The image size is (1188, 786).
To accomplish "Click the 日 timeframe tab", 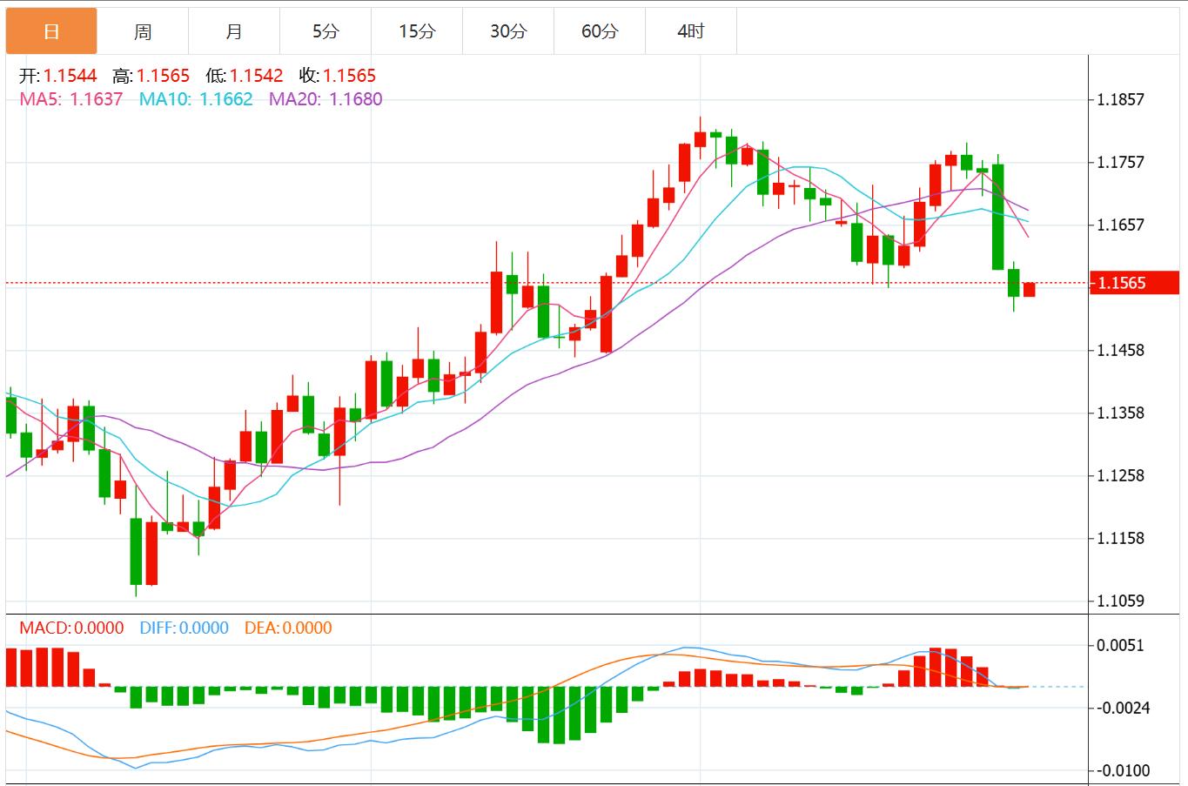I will [x=51, y=32].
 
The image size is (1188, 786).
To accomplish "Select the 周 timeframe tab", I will [x=143, y=32].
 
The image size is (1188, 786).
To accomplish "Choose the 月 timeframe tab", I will [x=234, y=32].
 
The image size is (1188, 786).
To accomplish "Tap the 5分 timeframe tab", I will [x=326, y=32].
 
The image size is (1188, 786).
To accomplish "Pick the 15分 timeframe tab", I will [x=417, y=32].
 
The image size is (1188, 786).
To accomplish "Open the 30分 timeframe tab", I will [x=508, y=32].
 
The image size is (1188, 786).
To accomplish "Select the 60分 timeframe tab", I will [x=600, y=32].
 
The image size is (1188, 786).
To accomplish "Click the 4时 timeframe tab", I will [x=691, y=32].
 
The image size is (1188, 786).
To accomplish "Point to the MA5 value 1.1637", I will [x=97, y=99].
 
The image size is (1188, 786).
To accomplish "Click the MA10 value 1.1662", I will [x=226, y=99].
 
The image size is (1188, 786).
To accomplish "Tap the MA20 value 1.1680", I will [x=356, y=99].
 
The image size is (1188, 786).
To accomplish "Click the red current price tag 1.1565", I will [x=1134, y=283].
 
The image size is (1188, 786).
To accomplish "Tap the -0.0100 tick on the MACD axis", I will [x=1123, y=771].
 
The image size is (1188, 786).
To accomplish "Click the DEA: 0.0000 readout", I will [x=288, y=628].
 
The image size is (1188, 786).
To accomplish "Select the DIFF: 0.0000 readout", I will [x=184, y=628].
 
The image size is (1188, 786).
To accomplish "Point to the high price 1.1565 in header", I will [x=163, y=77].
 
